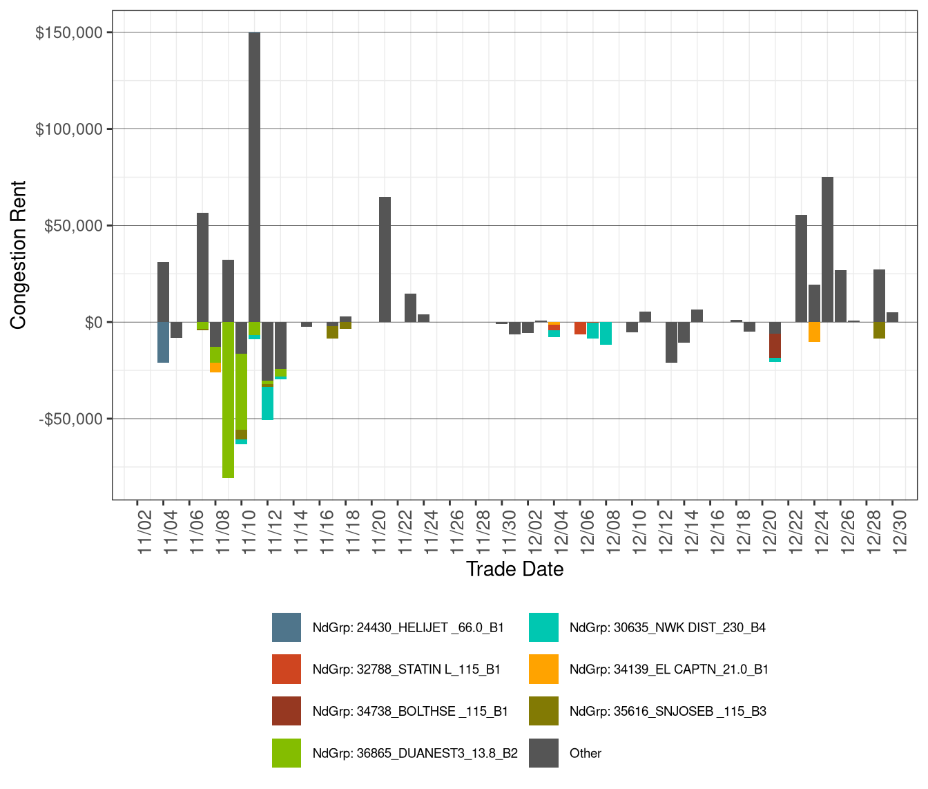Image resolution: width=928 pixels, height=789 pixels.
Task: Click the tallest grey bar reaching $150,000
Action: [x=254, y=173]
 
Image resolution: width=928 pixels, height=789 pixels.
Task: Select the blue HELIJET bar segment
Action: [x=163, y=342]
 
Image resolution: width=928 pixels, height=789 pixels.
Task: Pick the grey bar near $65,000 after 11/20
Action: [x=385, y=259]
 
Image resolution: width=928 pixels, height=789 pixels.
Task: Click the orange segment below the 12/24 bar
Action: [x=814, y=332]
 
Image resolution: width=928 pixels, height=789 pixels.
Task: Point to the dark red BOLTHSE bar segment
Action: [x=775, y=345]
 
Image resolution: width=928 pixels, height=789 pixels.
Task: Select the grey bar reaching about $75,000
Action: [x=827, y=249]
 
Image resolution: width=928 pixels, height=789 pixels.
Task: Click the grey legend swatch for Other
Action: [x=543, y=753]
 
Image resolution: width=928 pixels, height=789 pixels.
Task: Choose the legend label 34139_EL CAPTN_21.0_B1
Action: [x=668, y=669]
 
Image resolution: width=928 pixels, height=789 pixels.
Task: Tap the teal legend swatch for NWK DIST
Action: [x=543, y=627]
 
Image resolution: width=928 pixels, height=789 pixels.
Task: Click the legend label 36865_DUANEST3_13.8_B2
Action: [x=415, y=753]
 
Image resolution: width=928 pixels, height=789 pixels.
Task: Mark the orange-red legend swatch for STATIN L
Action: [x=287, y=669]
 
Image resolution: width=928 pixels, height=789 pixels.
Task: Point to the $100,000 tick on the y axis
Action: [x=69, y=129]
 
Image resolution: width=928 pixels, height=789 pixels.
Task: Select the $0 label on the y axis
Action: [x=93, y=322]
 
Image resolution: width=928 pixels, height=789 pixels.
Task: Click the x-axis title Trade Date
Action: [x=514, y=569]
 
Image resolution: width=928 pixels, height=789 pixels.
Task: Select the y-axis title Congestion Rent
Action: [x=19, y=255]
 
